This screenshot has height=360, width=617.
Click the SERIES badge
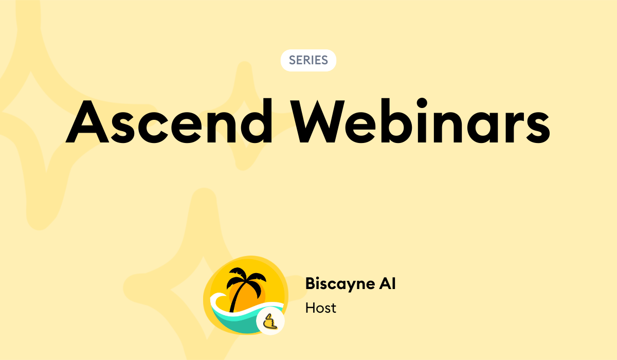coord(308,60)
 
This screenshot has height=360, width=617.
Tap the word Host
coord(320,308)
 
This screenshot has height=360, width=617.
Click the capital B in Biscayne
coord(310,283)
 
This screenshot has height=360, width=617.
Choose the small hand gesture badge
coord(270,322)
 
